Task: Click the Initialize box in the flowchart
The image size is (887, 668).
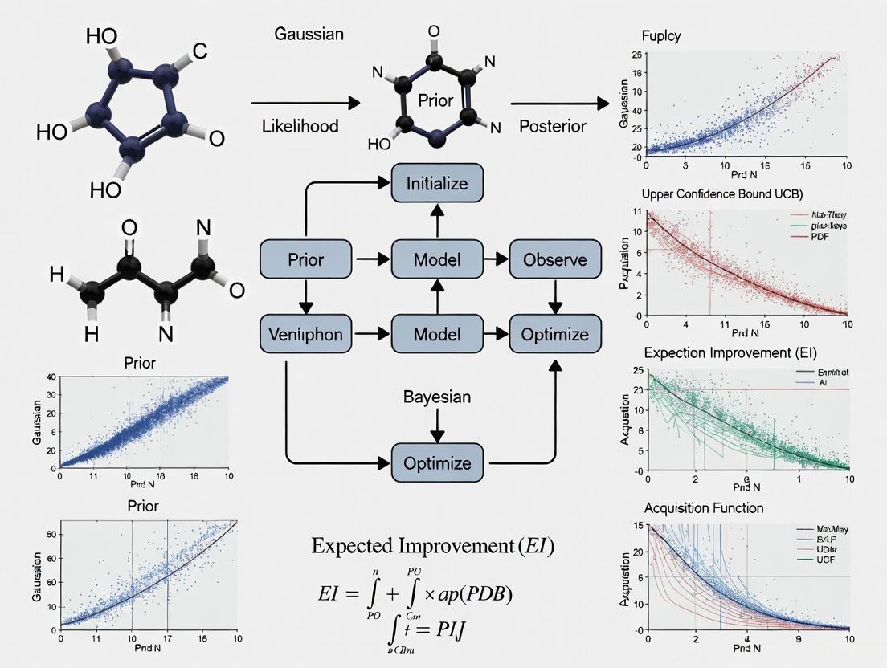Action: tap(435, 183)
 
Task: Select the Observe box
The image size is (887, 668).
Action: tap(555, 259)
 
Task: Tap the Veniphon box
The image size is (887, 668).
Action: tap(305, 335)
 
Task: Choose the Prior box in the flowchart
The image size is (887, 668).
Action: tap(305, 259)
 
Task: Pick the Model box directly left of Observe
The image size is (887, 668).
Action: tap(435, 259)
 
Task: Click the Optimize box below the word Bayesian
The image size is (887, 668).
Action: tap(435, 463)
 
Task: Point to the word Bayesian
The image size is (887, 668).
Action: tap(437, 397)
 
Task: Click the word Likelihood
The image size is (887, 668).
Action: tap(300, 126)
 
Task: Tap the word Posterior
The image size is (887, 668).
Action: tap(552, 126)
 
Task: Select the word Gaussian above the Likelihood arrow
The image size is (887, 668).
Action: tap(309, 35)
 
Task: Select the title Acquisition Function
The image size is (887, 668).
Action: tap(704, 508)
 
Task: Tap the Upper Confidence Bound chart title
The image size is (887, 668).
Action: tap(722, 194)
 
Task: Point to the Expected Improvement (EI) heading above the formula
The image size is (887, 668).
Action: tap(432, 547)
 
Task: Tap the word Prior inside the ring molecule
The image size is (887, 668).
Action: tap(436, 101)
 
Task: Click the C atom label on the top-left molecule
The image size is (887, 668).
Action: tap(199, 51)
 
